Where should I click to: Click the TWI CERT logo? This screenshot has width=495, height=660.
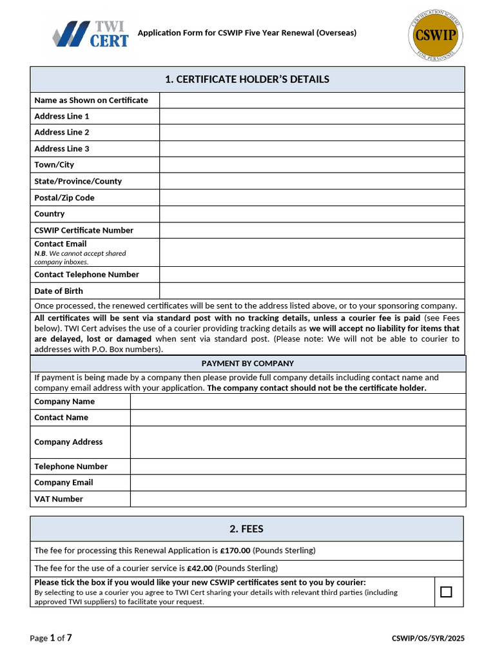pos(90,34)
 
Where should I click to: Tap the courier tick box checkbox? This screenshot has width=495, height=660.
pos(446,592)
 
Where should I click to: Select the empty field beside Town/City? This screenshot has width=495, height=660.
pos(312,165)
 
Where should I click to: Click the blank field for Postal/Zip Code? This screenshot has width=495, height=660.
pos(312,198)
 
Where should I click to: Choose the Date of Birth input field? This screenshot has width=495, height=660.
pos(312,291)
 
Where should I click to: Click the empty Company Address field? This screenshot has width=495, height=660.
pos(298,442)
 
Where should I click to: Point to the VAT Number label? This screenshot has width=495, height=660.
pos(59,499)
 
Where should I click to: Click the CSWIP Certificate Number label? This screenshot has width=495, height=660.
pos(84,230)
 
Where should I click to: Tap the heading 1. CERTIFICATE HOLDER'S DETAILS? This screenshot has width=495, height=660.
pos(247,79)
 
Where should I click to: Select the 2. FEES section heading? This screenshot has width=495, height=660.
pos(247,529)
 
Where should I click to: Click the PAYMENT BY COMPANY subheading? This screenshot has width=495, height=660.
pos(247,364)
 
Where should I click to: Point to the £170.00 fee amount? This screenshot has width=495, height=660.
pos(235,550)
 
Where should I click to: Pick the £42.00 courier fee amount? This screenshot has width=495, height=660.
pos(200,568)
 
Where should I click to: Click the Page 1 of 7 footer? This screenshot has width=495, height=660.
pos(51,638)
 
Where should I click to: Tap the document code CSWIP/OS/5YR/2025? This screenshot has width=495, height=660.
pos(428,638)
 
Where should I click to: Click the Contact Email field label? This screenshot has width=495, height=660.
pos(61,244)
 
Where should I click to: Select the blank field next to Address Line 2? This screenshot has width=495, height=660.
pos(312,132)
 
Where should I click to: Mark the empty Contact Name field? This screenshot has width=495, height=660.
pos(298,418)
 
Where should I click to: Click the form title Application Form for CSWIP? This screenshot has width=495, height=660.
pos(247,33)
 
